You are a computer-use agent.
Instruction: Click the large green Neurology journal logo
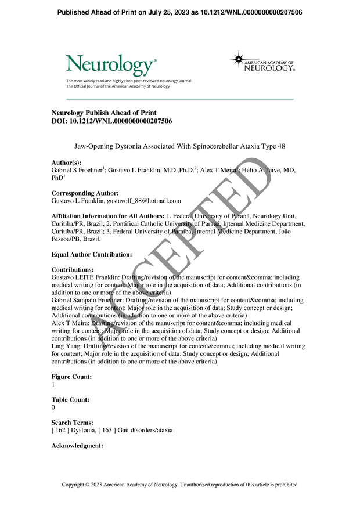111,65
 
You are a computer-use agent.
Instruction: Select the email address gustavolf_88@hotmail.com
146,201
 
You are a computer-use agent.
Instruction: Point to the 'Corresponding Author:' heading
85,193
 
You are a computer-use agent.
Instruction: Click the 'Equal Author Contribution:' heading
92,254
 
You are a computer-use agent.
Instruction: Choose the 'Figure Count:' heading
71,377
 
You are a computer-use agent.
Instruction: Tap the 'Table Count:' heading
70,400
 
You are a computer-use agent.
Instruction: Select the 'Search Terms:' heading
73,423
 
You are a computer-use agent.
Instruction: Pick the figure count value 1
53,384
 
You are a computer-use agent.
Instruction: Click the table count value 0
53,407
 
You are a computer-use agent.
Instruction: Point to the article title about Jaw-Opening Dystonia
181,147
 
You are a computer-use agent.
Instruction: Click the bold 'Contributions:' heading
73,270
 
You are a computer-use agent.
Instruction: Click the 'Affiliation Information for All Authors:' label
107,216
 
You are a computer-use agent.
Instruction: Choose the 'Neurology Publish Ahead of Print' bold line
104,113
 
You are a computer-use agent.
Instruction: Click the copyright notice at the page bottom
180,485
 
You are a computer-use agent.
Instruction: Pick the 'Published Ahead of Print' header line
180,12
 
